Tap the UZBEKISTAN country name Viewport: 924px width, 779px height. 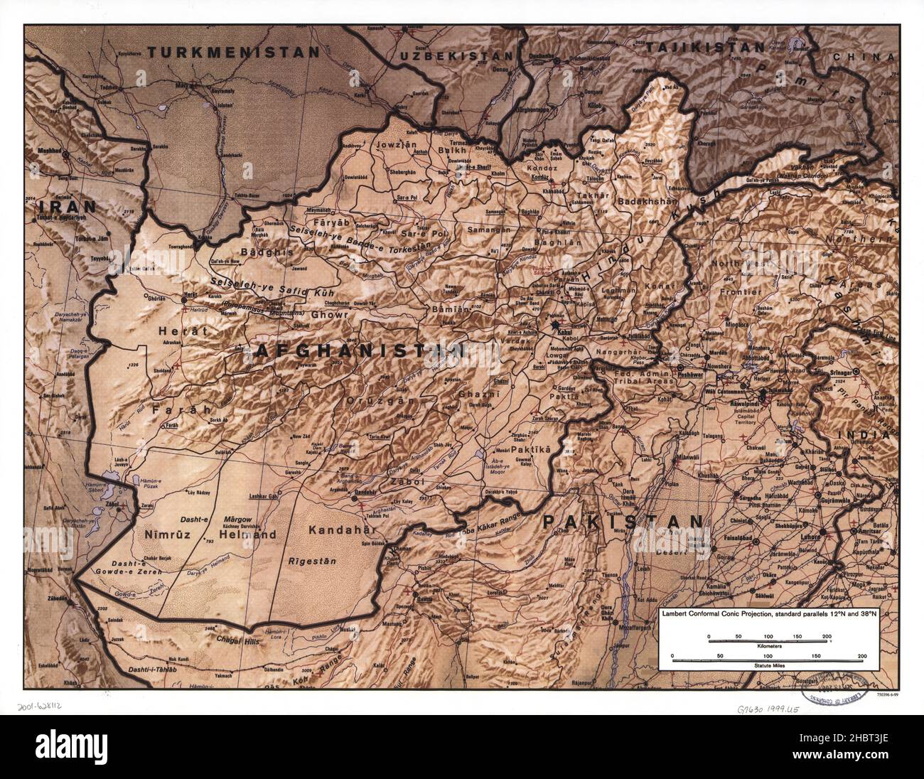click(456, 55)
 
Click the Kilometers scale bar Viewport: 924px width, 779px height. click(768, 642)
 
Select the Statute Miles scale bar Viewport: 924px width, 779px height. click(768, 660)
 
